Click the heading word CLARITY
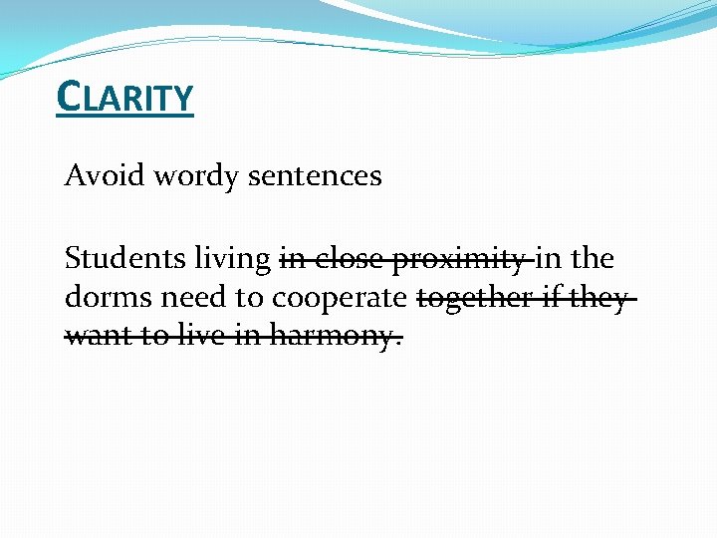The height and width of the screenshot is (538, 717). (125, 98)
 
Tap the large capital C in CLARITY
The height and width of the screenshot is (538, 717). (69, 97)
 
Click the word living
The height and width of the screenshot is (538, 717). (233, 260)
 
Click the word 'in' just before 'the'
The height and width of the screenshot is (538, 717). (548, 259)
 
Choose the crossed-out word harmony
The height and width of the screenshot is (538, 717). (330, 338)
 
